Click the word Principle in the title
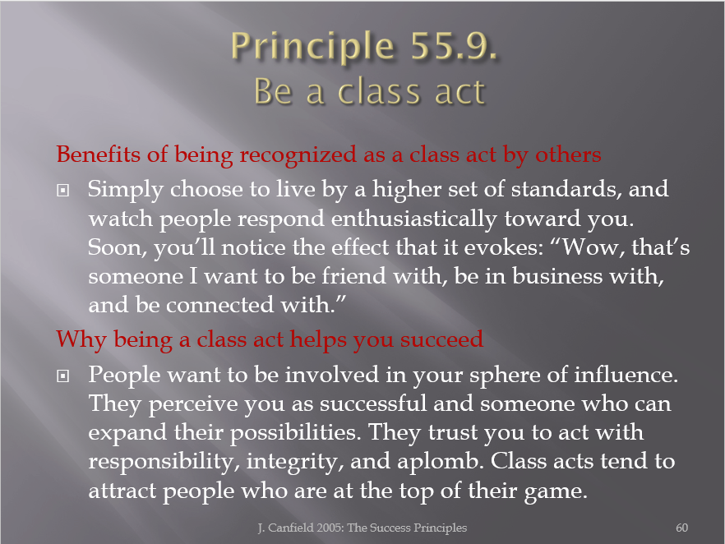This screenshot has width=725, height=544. (x=312, y=47)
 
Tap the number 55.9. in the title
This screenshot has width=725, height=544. (x=454, y=45)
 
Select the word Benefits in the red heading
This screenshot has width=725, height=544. (x=98, y=154)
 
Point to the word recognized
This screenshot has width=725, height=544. (x=298, y=155)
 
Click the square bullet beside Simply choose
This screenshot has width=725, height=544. (x=62, y=190)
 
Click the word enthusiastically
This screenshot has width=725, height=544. (x=413, y=218)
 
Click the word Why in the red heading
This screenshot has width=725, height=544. (x=81, y=340)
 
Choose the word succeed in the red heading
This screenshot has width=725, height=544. (x=441, y=339)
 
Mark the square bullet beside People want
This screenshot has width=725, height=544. (x=62, y=376)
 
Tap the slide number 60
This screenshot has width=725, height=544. (x=682, y=528)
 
